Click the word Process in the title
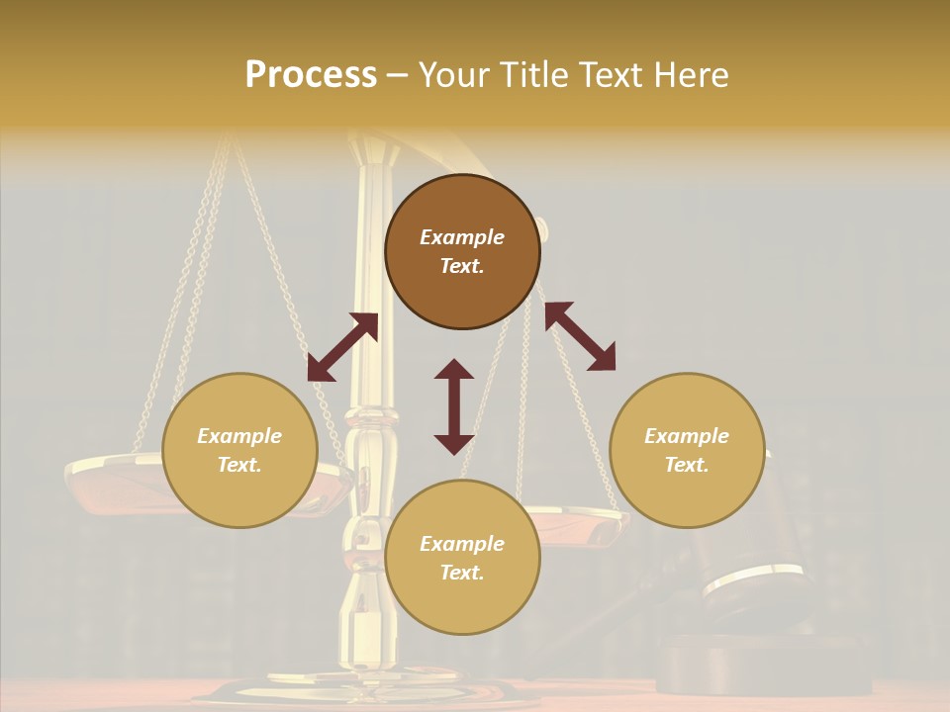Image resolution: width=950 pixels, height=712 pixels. tap(311, 75)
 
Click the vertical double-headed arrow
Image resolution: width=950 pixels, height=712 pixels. tap(454, 406)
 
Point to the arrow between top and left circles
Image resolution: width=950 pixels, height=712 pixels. tap(342, 347)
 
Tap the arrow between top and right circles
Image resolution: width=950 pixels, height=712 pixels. tap(580, 336)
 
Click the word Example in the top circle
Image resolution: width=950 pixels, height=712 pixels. tap(462, 237)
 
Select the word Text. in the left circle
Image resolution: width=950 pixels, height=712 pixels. tap(239, 465)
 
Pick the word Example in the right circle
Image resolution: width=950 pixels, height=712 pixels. tap(687, 436)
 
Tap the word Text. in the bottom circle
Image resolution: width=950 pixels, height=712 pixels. tap(462, 573)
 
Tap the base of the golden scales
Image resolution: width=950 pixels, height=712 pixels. tap(327, 689)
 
